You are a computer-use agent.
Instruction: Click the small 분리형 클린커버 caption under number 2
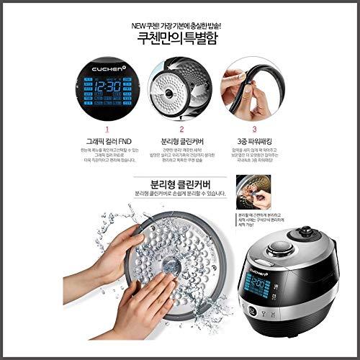(x=179, y=143)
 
